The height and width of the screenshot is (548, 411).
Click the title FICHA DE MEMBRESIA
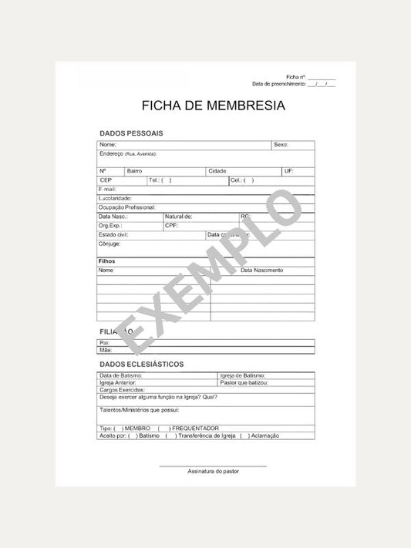pos(213,106)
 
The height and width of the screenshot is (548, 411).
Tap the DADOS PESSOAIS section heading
pos(130,133)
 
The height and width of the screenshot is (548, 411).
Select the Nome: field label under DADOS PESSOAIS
pos(107,145)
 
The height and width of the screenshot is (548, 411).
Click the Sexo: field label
pos(281,145)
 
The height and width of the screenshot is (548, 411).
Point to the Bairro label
pos(134,170)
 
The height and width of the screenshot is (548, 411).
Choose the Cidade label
pos(217,170)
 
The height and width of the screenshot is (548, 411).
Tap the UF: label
pos(288,170)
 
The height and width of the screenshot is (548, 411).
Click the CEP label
pos(106,180)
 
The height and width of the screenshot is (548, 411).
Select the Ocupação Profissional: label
pos(127,207)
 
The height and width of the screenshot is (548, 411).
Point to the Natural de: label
pos(178,217)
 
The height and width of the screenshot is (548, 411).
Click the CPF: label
pos(171,226)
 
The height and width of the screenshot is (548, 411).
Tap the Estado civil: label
pos(113,234)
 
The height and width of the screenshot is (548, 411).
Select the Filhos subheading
pos(107,261)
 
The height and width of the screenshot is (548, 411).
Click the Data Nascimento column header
pos(262,271)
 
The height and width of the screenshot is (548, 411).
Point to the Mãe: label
pos(106,350)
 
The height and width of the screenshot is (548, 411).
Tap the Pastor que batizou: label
pos(244,382)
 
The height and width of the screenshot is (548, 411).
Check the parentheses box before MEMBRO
pos(117,428)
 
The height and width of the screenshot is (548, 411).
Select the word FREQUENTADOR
pos(195,428)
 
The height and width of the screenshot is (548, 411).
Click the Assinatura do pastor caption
pos(213,471)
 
